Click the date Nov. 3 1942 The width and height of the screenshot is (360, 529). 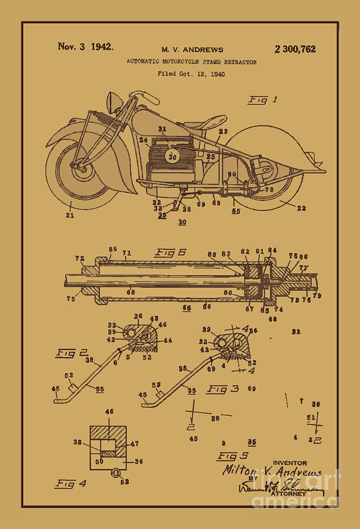point(85,47)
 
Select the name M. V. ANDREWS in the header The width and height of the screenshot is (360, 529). point(192,50)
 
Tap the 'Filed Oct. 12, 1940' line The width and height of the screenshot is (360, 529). point(191,74)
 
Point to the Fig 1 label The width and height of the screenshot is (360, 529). point(262,100)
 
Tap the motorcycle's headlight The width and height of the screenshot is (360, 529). point(114,105)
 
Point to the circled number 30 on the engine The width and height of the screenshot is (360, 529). point(172,156)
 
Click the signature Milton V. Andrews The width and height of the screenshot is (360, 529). point(272,471)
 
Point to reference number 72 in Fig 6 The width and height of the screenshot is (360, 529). point(79,259)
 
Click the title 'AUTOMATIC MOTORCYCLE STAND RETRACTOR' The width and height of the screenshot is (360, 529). point(192,62)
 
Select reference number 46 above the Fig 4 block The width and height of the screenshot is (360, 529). point(109,413)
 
